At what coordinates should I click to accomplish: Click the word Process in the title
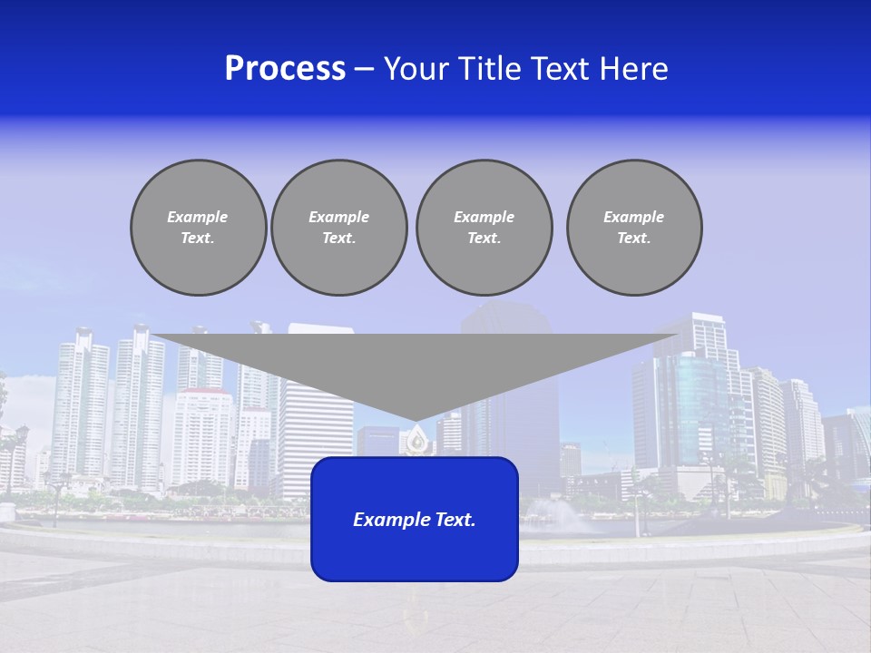pyautogui.click(x=285, y=69)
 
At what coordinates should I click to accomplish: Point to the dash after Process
pyautogui.click(x=364, y=70)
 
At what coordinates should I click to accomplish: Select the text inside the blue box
pyautogui.click(x=415, y=520)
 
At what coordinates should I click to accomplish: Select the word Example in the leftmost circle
pyautogui.click(x=198, y=217)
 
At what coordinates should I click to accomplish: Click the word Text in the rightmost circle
pyautogui.click(x=633, y=238)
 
